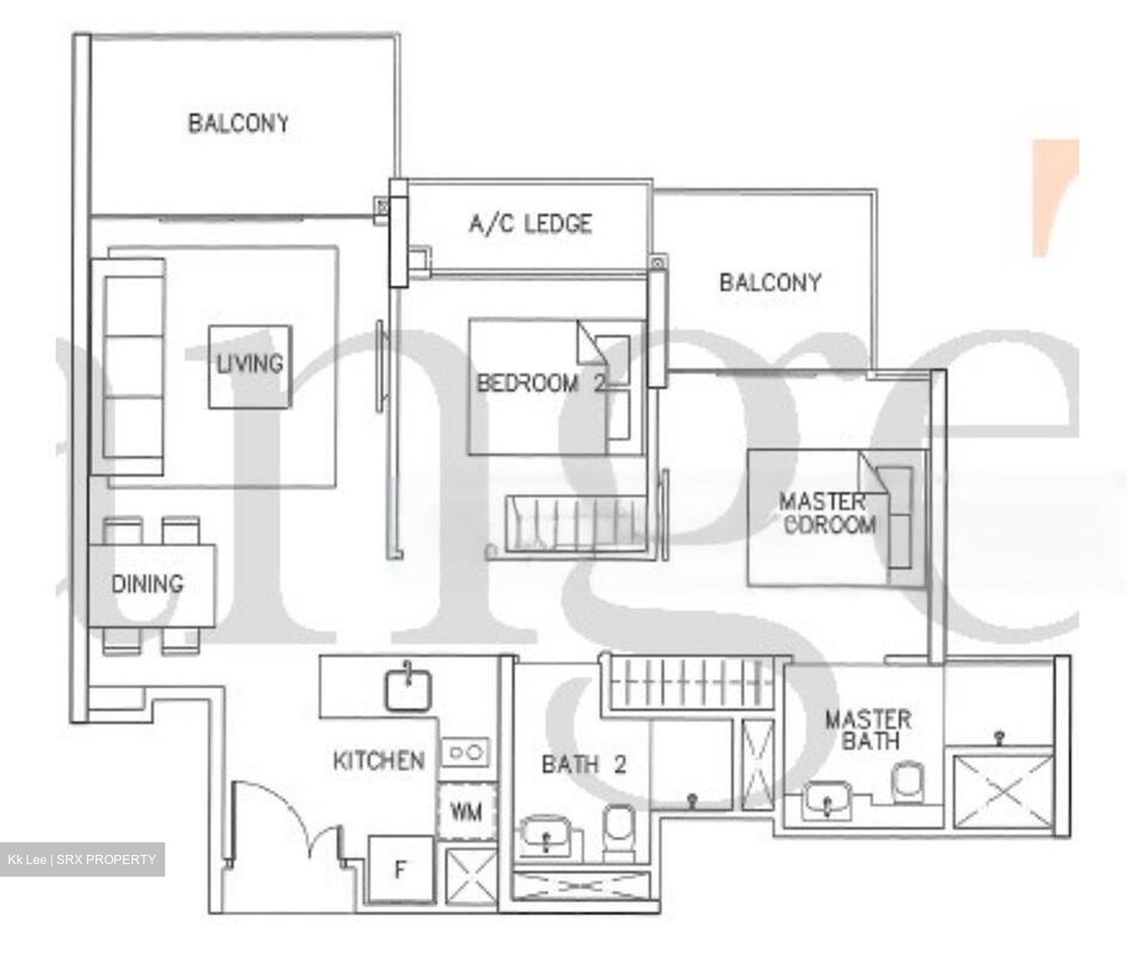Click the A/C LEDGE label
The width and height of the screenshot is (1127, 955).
coord(530,224)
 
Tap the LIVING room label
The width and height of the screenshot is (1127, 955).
coord(250,363)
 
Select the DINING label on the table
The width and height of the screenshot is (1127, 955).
coord(147,583)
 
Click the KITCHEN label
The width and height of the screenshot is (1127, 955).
coord(379,760)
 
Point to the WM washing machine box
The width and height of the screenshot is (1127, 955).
coord(466,811)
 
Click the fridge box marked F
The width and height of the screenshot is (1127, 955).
coord(400,870)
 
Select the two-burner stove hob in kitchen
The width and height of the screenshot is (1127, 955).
coord(465,753)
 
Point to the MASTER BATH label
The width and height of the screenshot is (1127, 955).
coord(868,730)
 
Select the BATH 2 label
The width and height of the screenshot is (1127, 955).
coord(584,764)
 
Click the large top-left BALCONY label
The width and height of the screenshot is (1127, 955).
coord(238,123)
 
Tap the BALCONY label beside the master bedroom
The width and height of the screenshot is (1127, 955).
coord(770,282)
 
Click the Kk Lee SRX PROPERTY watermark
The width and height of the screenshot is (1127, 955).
coord(82,859)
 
